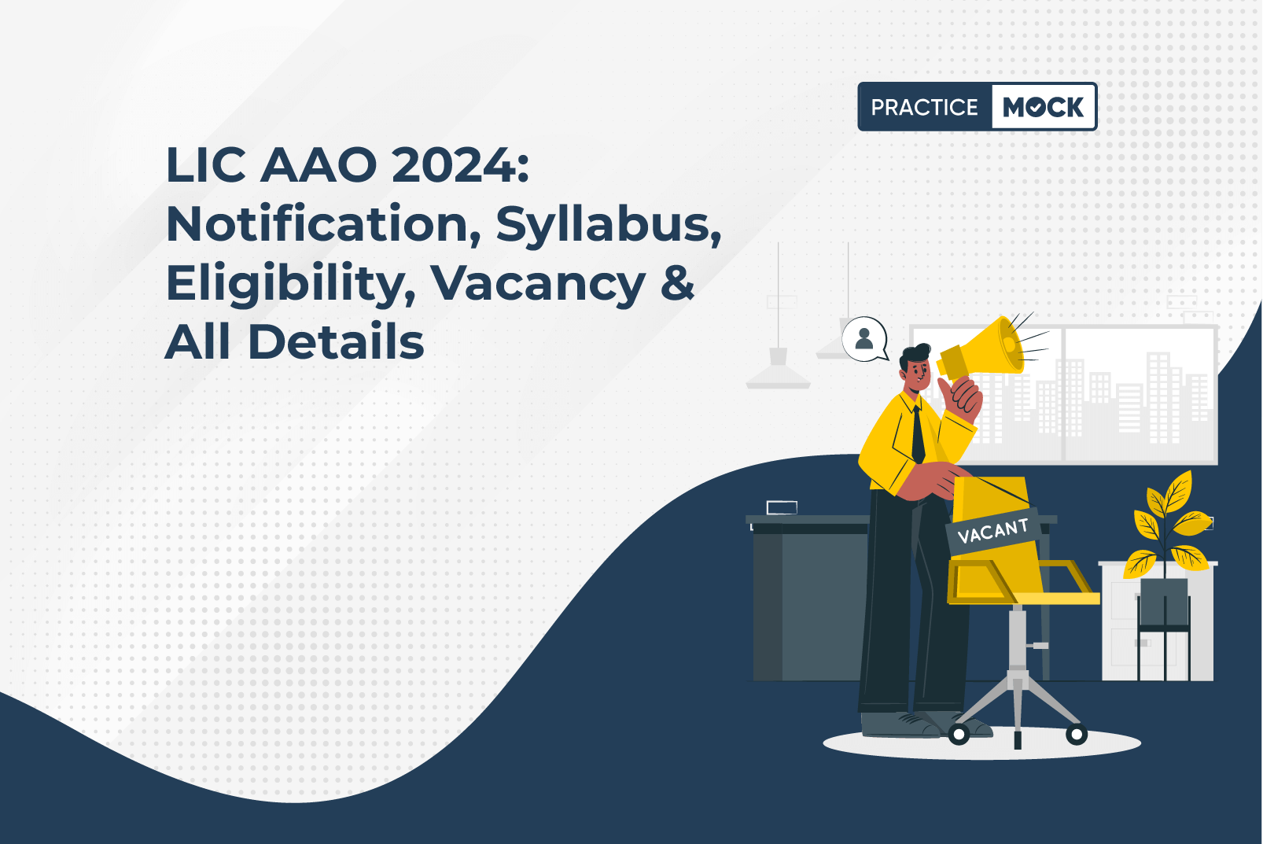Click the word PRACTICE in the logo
(x=924, y=107)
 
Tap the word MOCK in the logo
(x=1043, y=107)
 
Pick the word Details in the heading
(x=336, y=341)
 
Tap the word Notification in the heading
(x=324, y=225)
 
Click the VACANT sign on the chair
(x=993, y=531)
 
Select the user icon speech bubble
(x=864, y=339)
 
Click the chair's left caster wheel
(x=959, y=734)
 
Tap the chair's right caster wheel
(x=1076, y=734)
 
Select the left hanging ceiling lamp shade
(x=778, y=372)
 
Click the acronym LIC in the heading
(x=206, y=165)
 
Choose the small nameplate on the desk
(x=782, y=507)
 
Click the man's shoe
(x=897, y=725)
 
